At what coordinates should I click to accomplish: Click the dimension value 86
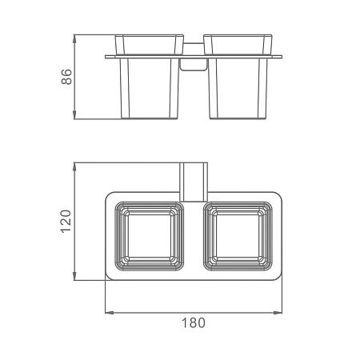click(x=66, y=77)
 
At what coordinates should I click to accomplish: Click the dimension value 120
click(x=66, y=222)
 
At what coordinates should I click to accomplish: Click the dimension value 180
click(x=194, y=322)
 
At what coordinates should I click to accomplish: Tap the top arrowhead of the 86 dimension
click(x=74, y=39)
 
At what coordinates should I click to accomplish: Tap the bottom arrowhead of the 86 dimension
click(x=74, y=114)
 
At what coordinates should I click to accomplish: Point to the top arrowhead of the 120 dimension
click(x=74, y=167)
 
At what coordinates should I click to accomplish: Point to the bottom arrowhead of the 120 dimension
click(x=74, y=276)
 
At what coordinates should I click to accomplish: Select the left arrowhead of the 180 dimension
click(x=110, y=313)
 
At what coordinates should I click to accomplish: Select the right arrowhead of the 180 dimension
click(x=278, y=313)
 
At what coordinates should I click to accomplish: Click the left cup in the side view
click(x=150, y=77)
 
